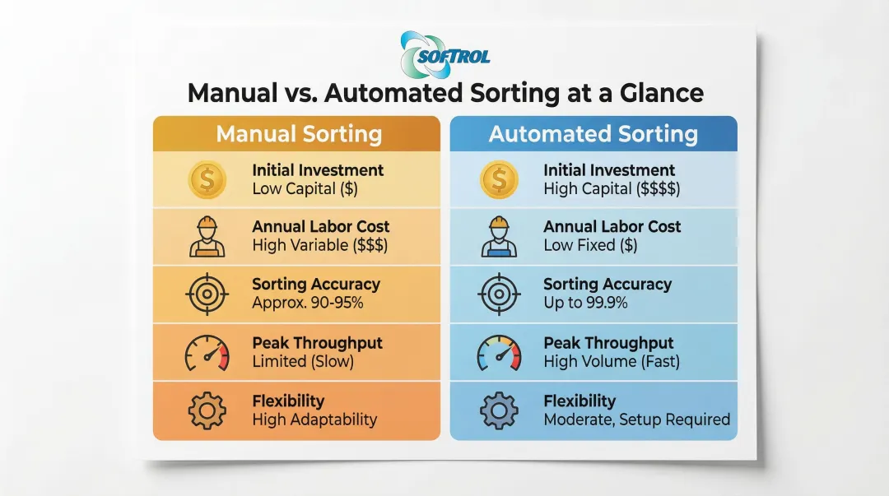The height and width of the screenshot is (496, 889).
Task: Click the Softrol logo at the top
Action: pos(444,55)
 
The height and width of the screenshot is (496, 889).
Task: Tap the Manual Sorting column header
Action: pos(299,134)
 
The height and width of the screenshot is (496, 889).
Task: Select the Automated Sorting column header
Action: pos(593,134)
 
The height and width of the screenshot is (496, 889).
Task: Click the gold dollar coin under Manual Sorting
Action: pos(207,179)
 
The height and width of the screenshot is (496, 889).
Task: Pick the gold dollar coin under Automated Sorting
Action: pos(499,179)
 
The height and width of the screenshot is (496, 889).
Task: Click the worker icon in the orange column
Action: pos(207,237)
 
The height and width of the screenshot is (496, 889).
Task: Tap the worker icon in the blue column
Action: pos(499,237)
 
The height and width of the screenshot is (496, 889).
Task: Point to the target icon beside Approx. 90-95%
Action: pos(207,294)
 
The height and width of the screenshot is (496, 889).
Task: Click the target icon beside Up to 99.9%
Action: pos(499,294)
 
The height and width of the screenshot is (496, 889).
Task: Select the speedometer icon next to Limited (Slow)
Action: pos(207,353)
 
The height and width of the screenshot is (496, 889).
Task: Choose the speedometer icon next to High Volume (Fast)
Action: pos(499,353)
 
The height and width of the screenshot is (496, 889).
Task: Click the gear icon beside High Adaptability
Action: pos(207,410)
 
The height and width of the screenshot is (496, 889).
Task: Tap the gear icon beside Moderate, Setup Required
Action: pos(499,410)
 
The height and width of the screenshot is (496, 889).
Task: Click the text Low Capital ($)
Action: pos(305,188)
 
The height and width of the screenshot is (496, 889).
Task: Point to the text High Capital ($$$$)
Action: pos(612,188)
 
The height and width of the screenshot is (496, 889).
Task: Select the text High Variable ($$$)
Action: pos(320,245)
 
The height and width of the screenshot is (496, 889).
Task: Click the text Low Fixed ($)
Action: pos(591,245)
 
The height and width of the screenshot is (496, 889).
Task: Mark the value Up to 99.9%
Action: pos(586,303)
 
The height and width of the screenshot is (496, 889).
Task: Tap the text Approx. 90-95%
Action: pos(308,303)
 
